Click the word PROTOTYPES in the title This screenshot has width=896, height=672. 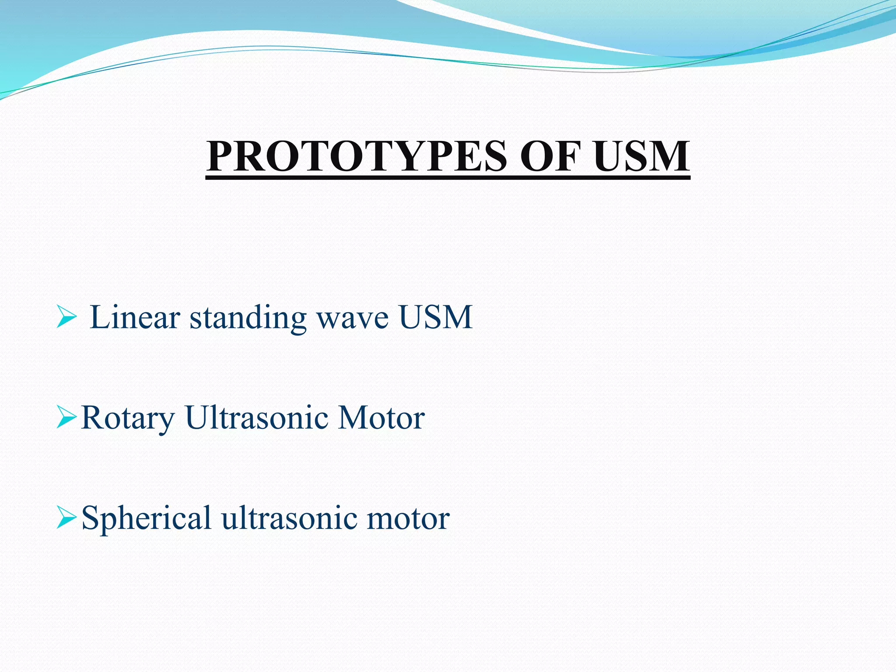[x=357, y=156]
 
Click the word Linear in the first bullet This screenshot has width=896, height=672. [x=135, y=317]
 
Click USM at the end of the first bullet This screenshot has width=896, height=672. [x=436, y=317]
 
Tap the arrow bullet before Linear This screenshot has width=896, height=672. [x=66, y=317]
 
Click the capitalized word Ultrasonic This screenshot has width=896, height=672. [x=256, y=417]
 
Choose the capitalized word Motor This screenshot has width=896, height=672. [x=381, y=417]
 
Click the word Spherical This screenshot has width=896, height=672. [x=147, y=518]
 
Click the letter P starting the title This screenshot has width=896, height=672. [x=221, y=156]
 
